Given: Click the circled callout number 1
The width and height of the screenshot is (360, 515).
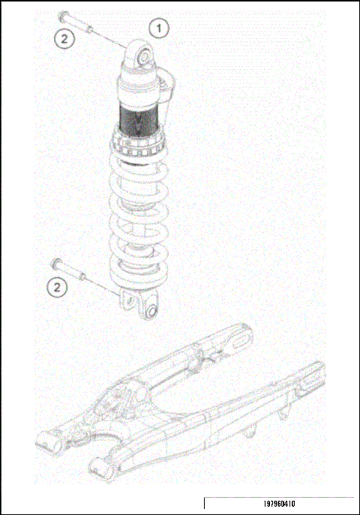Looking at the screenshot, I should click(158, 28).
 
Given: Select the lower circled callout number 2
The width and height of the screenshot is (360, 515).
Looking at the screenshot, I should click(58, 286).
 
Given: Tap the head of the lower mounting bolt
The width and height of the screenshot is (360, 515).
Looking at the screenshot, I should click(55, 262).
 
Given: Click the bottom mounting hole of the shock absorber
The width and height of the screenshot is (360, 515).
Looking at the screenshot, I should click(151, 311).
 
